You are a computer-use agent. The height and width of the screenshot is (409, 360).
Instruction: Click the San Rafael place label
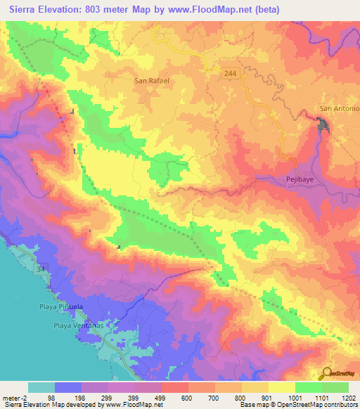[x=153, y=80]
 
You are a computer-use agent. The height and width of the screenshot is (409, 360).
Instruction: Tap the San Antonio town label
[x=340, y=109]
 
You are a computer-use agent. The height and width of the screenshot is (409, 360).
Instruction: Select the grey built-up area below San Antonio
[x=324, y=126]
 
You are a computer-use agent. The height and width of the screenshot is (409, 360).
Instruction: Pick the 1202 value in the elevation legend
[x=348, y=398]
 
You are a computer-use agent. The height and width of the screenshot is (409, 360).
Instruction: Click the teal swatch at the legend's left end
[x=41, y=387]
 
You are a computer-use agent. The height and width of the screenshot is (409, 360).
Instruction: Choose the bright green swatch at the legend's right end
[x=335, y=387]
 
